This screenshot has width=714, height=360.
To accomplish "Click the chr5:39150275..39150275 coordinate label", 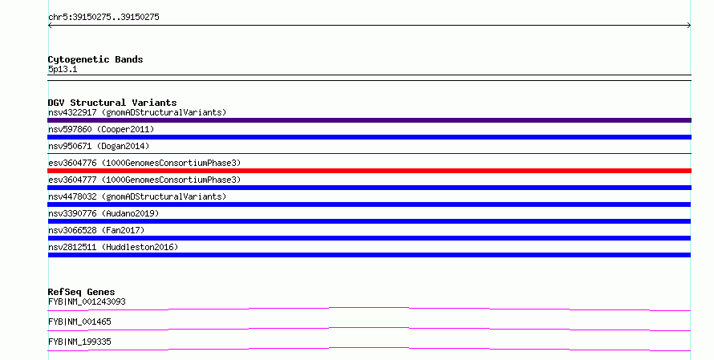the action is tap(103, 18).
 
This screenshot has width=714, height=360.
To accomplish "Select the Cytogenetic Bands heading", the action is tap(95, 59).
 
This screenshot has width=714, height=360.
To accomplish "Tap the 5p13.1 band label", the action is tap(63, 69).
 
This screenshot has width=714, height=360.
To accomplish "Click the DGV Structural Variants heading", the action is tap(112, 103).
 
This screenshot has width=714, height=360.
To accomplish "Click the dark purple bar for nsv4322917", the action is tap(369, 120).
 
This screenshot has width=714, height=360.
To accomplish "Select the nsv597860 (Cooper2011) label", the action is tap(101, 129).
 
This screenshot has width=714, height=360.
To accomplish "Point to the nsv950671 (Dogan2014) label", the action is tap(99, 146).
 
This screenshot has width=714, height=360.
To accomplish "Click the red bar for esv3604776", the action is tap(369, 171).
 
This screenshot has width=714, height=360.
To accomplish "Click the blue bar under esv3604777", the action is tap(369, 188).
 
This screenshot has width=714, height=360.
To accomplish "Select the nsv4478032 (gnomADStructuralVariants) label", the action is tap(137, 196).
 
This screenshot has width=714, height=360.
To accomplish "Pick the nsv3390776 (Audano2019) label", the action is tap(103, 213).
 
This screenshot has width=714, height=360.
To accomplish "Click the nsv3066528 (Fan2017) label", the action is tap(96, 230).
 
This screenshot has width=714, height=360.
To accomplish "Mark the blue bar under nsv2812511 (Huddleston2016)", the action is tap(369, 255).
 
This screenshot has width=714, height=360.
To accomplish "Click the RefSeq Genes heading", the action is tap(81, 292).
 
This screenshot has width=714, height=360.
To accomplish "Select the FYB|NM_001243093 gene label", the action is tap(87, 301).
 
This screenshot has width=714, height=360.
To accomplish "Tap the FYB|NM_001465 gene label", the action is tap(79, 322).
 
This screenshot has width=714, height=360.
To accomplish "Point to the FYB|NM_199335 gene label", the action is tap(79, 342).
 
